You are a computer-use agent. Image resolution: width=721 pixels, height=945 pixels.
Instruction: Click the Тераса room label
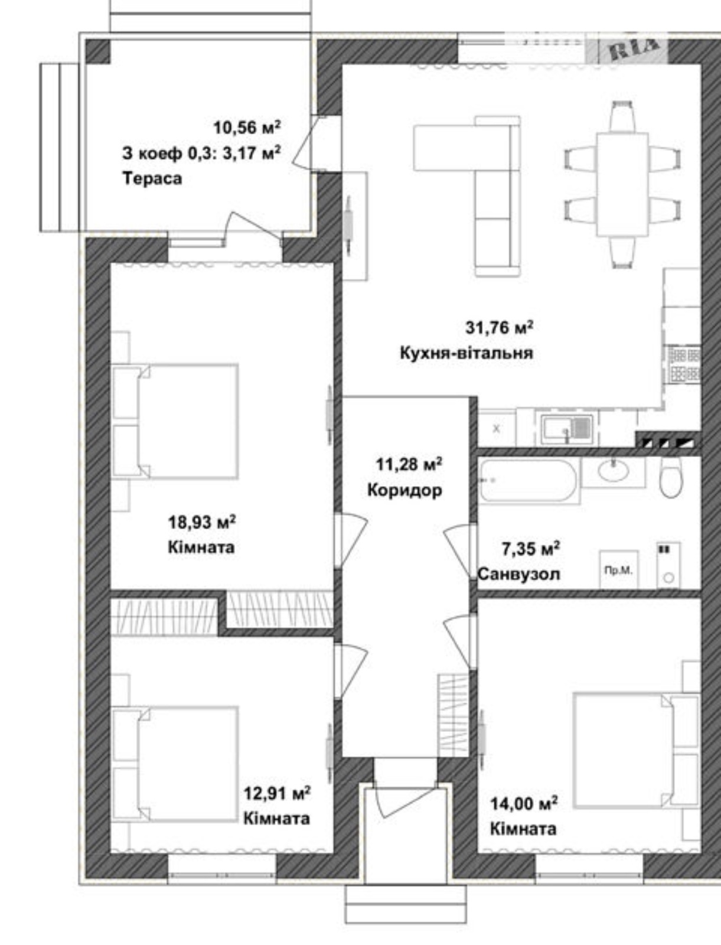pyautogui.click(x=152, y=178)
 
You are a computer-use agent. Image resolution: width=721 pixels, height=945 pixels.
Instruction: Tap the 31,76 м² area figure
pyautogui.click(x=500, y=328)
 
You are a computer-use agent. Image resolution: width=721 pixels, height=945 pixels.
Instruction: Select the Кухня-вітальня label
pyautogui.click(x=466, y=353)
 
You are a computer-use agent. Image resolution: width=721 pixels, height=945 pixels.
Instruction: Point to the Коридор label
pyautogui.click(x=404, y=490)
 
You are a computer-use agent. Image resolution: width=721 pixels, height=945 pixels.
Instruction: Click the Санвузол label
pyautogui.click(x=519, y=574)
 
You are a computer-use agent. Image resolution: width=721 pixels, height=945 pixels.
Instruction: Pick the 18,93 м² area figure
pyautogui.click(x=201, y=522)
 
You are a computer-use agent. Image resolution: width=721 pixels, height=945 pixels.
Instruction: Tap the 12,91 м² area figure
pyautogui.click(x=278, y=793)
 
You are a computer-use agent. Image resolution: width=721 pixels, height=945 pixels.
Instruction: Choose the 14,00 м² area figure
pyautogui.click(x=524, y=803)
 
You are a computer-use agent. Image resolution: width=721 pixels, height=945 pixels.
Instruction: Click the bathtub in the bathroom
pyautogui.click(x=528, y=480)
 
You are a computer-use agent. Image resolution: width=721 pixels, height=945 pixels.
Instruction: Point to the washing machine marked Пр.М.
pyautogui.click(x=619, y=569)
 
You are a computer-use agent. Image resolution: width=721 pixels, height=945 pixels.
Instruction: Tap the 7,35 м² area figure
pyautogui.click(x=531, y=549)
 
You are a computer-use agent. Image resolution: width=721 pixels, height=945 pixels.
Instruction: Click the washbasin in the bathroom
pyautogui.click(x=613, y=471)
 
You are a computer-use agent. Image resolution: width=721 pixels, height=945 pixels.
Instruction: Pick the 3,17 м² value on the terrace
pyautogui.click(x=252, y=153)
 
